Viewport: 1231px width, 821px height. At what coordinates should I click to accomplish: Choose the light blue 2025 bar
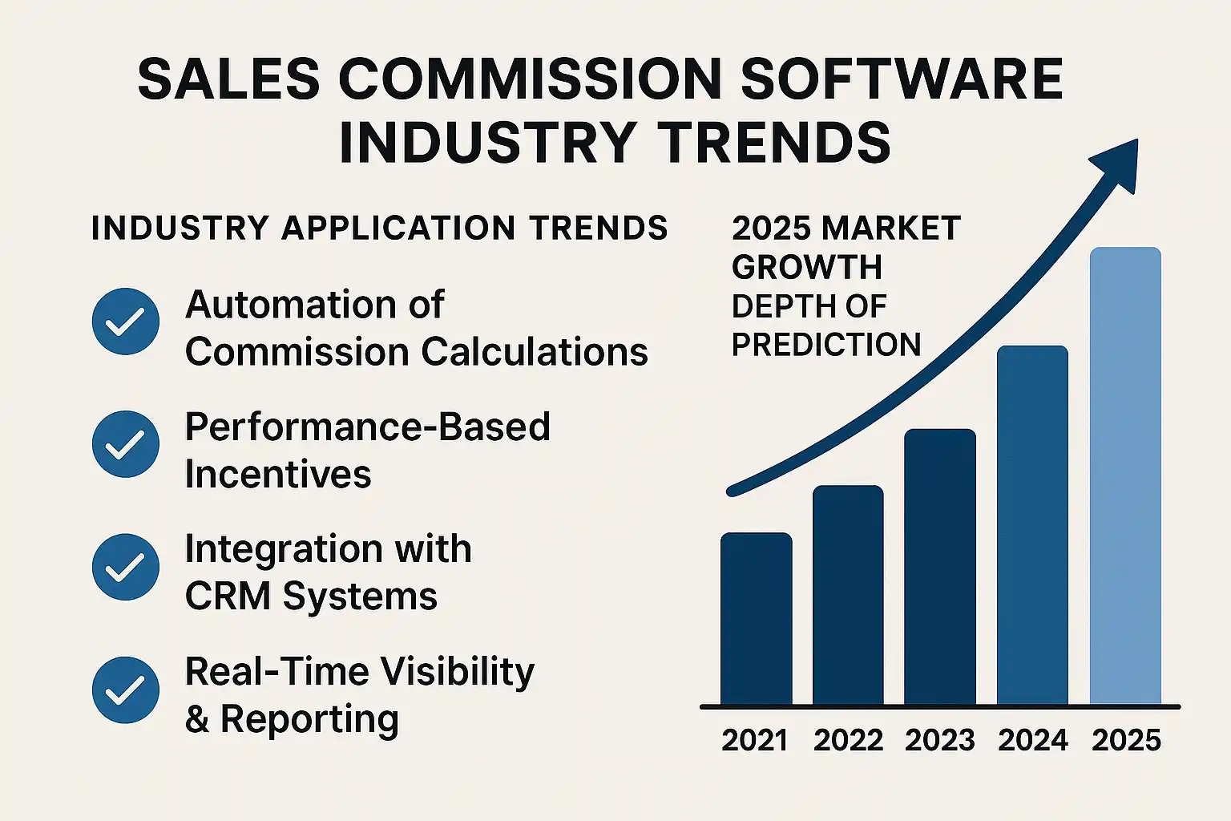click(1125, 476)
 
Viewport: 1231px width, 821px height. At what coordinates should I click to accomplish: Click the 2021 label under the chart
click(755, 740)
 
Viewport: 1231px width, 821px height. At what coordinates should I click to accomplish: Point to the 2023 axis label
click(939, 740)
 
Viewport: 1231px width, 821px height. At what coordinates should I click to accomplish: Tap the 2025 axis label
click(1126, 740)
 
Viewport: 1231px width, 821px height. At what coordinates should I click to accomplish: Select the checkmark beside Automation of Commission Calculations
click(126, 322)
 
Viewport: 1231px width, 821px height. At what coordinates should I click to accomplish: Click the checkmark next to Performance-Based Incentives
click(126, 444)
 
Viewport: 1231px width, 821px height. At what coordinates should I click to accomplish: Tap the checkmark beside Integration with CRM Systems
click(126, 567)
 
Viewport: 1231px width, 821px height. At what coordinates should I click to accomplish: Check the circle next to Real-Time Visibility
click(126, 690)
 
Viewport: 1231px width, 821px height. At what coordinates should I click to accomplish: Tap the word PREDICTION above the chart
click(826, 345)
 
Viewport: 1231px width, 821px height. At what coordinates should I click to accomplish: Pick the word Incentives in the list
click(278, 474)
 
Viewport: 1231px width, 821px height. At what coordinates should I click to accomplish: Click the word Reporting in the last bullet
click(309, 719)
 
